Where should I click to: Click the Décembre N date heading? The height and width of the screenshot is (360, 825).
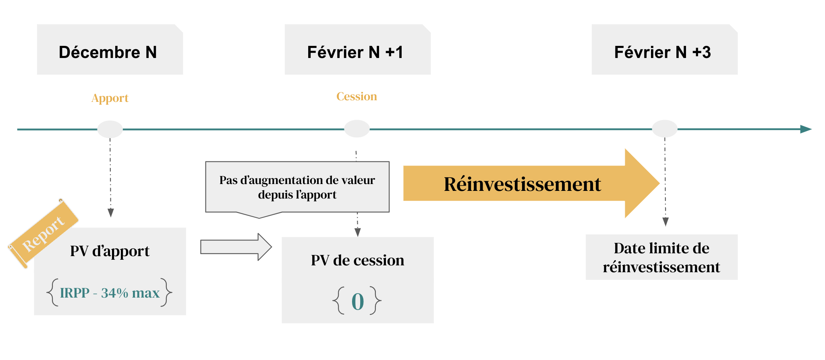coord(108,52)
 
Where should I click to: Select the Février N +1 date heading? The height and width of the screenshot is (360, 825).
coord(355,52)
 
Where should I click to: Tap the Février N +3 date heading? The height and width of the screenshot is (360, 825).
coord(663,52)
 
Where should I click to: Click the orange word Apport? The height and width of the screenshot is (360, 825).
coord(110,98)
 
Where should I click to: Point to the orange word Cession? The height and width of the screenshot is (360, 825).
coord(357,97)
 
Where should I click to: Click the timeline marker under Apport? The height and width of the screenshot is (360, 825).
coord(110,129)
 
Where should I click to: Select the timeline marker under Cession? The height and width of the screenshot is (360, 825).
coord(357,129)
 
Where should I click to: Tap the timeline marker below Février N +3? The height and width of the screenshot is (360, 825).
coord(665,129)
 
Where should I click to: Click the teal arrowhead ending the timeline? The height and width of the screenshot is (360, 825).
coord(806,129)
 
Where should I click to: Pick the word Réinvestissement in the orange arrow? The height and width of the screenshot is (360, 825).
coord(522,184)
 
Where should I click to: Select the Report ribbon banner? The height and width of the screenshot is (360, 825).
coord(43,234)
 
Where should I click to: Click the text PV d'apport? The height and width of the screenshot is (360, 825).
coord(110,251)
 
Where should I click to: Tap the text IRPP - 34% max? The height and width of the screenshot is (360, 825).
coord(110,293)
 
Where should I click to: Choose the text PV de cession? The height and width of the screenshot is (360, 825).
coord(357,261)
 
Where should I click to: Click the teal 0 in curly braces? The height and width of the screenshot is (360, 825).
coord(358,302)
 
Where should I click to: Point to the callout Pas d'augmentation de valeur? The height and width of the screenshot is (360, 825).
coord(297,187)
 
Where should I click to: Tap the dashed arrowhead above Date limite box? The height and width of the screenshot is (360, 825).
coord(665,222)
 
